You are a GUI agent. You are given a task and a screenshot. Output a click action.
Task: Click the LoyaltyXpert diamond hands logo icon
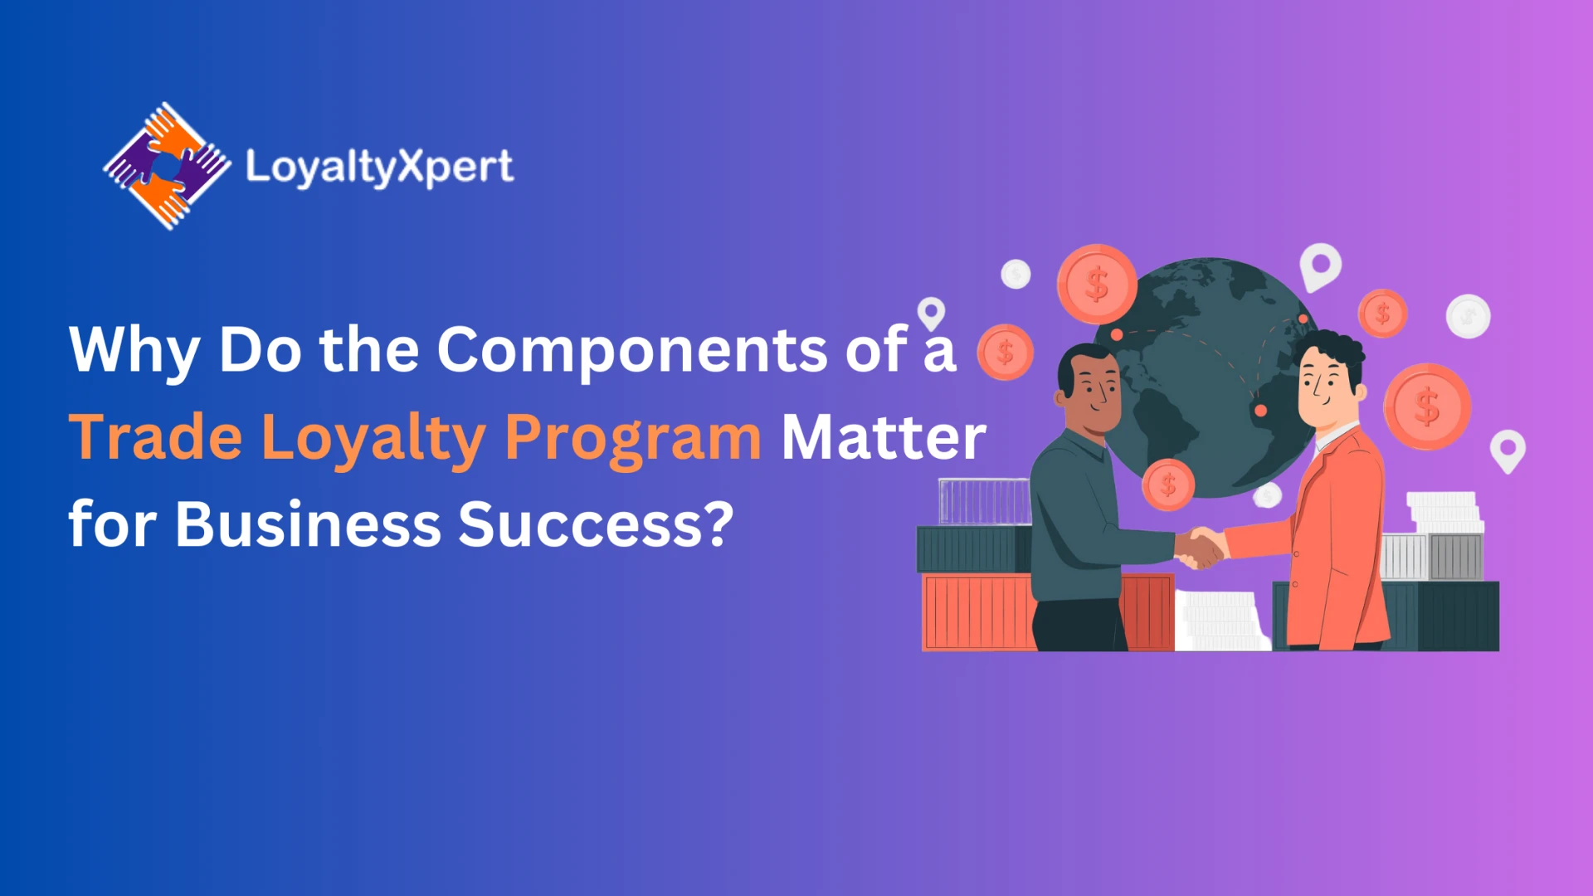[167, 166]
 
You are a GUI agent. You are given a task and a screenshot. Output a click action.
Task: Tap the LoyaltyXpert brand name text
[379, 168]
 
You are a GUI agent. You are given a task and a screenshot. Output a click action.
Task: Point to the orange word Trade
[156, 436]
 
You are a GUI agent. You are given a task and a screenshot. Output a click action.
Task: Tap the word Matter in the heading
[884, 436]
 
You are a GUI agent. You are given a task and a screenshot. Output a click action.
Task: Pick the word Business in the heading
[309, 524]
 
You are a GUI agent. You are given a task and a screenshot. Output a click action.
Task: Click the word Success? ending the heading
[597, 524]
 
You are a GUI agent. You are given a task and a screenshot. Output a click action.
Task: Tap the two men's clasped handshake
[1201, 548]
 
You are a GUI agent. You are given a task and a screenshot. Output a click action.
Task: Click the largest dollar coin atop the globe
[1097, 285]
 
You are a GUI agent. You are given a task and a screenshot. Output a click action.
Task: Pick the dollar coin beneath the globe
[1168, 485]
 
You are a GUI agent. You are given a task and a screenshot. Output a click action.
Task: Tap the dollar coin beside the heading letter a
[1006, 352]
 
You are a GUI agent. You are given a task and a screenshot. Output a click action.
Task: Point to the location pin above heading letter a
[931, 314]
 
